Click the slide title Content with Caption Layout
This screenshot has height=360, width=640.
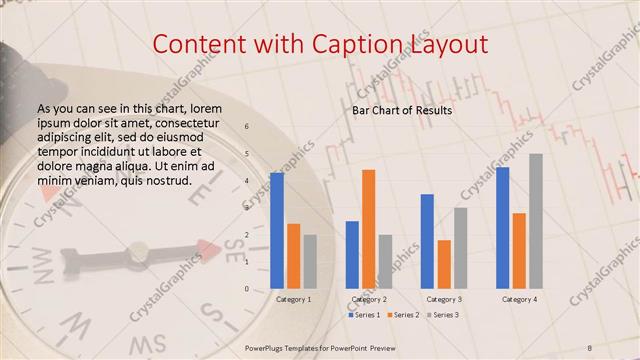point(319,44)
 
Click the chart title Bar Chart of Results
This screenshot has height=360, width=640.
point(402,110)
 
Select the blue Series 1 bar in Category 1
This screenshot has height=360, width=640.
point(277,230)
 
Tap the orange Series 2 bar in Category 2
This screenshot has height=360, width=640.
point(369,229)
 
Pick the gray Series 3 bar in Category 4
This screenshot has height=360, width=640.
point(536,221)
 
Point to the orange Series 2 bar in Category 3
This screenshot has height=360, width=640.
point(444,264)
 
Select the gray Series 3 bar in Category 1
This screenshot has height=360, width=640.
point(310,261)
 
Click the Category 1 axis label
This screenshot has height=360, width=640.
point(293,299)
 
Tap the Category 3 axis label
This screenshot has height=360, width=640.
point(444,299)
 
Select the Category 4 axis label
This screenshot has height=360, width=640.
point(519,299)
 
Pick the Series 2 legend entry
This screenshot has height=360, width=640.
point(403,315)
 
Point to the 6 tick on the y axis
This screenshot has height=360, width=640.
point(247,127)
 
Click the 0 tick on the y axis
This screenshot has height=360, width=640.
point(247,289)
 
